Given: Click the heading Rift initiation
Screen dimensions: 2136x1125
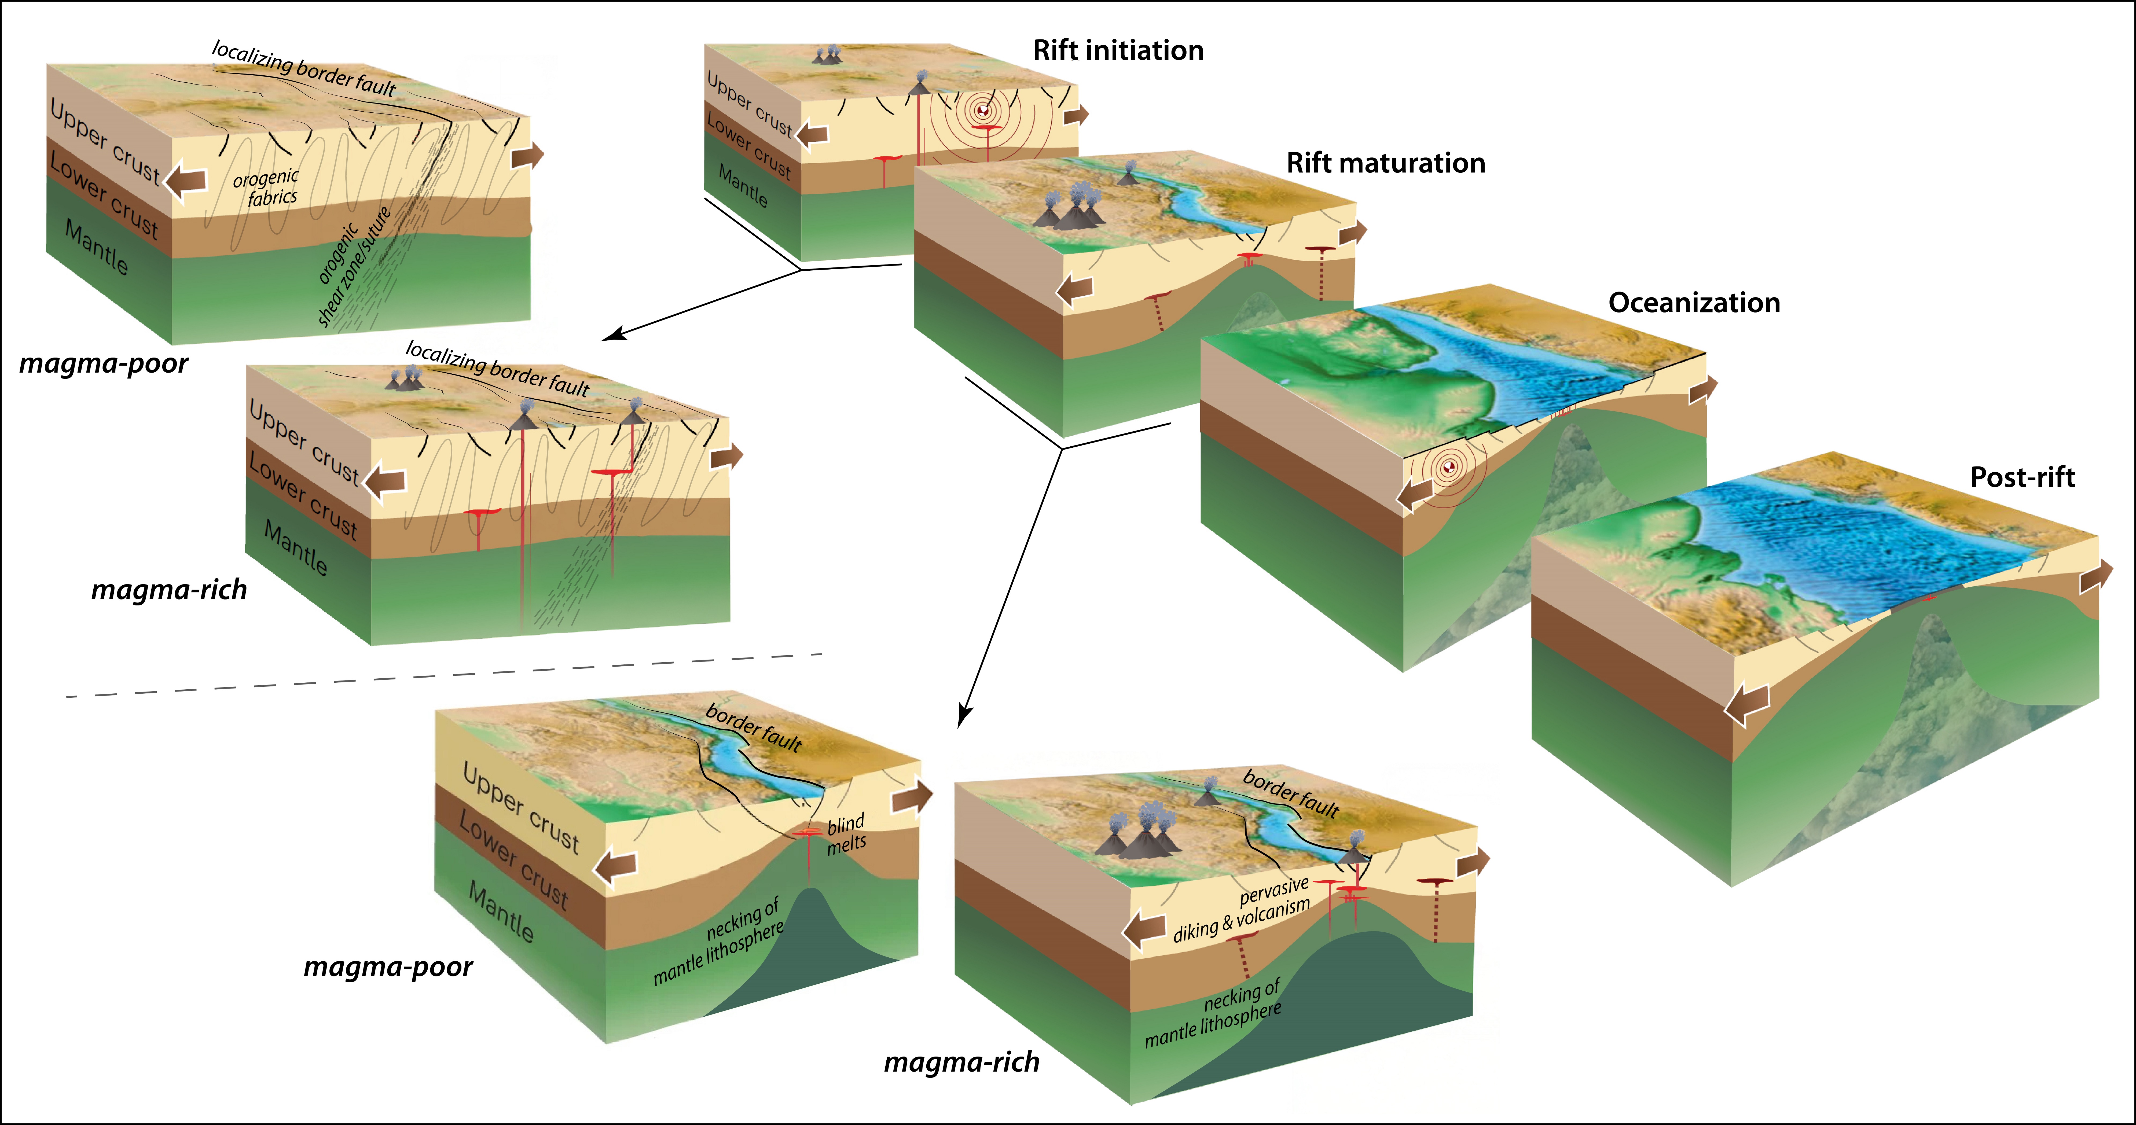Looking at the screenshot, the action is pos(1118,51).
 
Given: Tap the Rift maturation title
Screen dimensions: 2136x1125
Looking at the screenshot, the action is pos(1386,163).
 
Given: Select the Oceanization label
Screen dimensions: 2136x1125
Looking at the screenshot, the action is pos(1694,303).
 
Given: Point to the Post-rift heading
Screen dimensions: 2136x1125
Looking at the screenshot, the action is pos(2023,477).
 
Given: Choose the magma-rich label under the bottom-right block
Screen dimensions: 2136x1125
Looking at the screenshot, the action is pos(962,1062).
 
